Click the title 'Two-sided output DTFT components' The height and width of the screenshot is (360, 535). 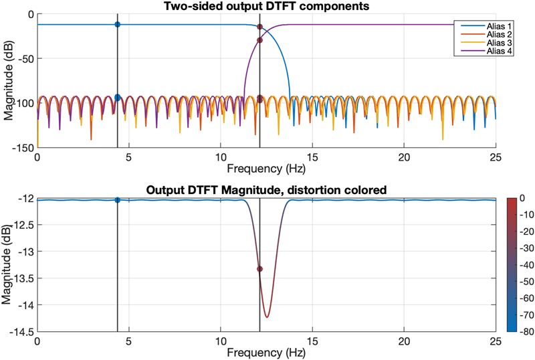[x=266, y=7]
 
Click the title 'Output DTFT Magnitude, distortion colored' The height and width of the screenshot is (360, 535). [x=266, y=190]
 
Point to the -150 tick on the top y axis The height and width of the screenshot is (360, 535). [x=22, y=147]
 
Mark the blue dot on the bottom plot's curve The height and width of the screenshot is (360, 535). [x=118, y=200]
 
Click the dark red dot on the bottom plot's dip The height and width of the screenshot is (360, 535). [x=259, y=269]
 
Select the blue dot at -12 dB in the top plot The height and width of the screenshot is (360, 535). [x=118, y=24]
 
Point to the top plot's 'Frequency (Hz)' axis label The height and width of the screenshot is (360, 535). [x=266, y=167]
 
